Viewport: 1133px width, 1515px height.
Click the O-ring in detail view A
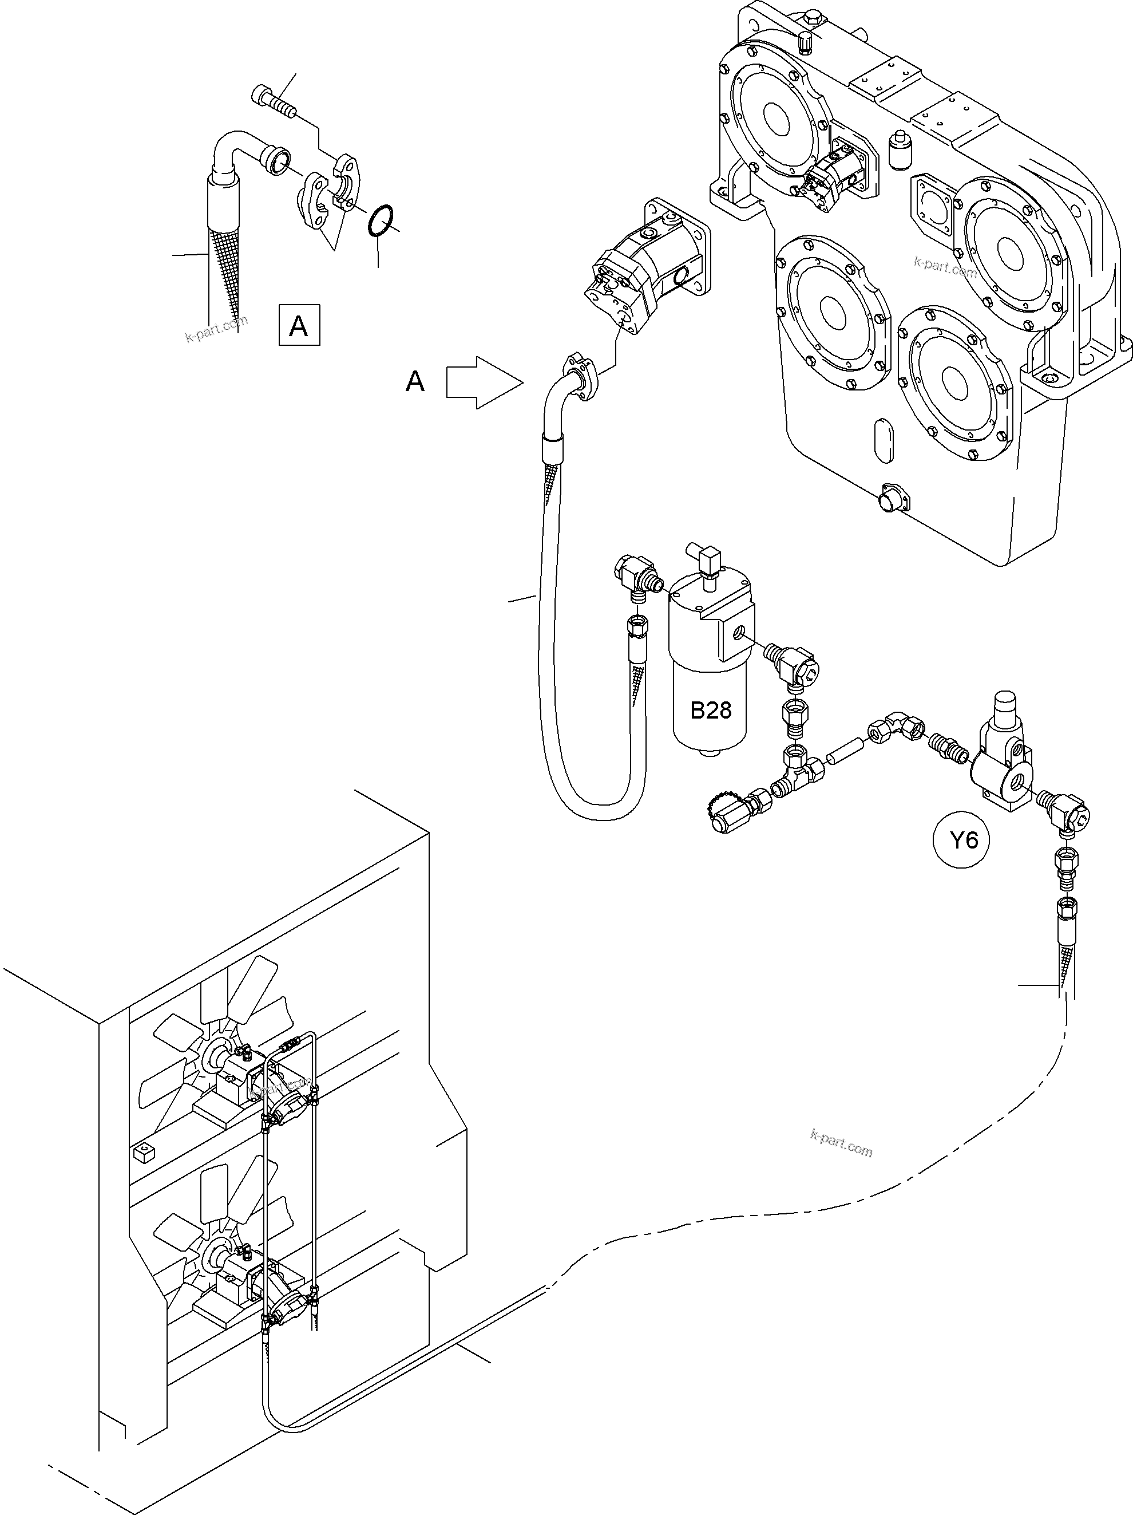(381, 221)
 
